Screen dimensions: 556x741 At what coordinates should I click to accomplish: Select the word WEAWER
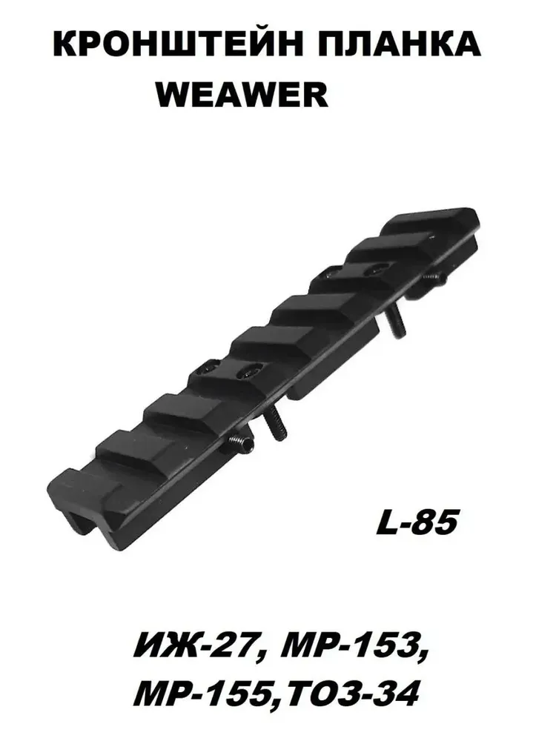click(242, 95)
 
